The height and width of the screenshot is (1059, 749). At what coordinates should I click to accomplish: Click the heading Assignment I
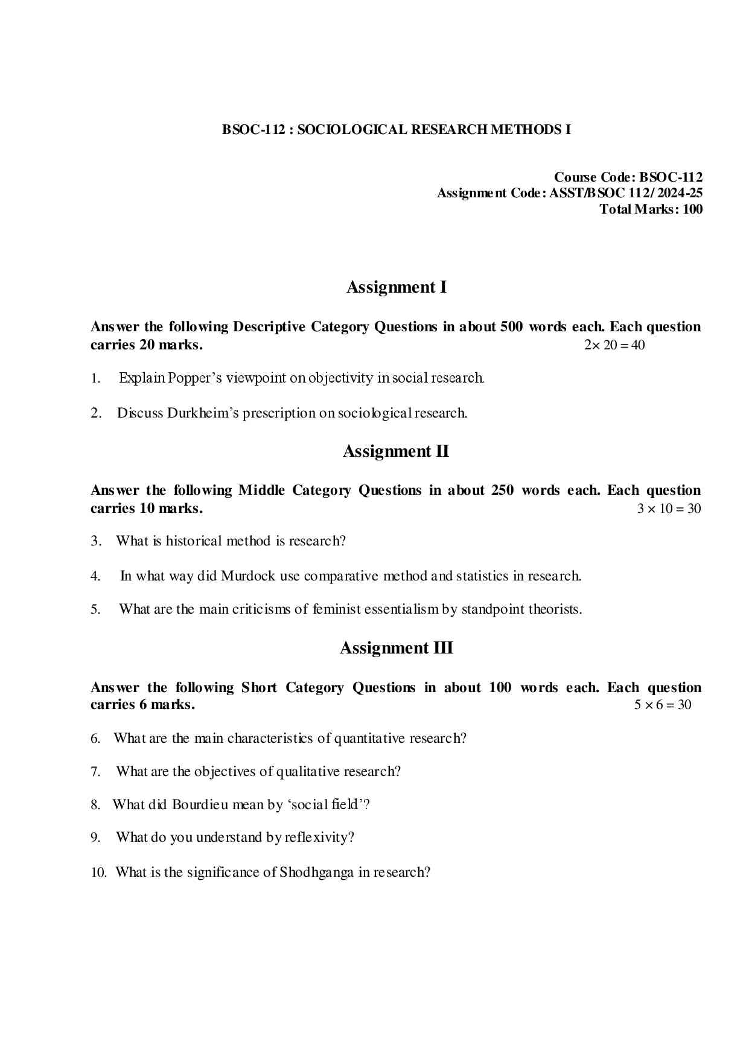point(396,287)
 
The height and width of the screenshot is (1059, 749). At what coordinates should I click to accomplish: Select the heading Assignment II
point(395,451)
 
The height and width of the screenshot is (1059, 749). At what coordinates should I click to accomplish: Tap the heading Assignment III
point(396,648)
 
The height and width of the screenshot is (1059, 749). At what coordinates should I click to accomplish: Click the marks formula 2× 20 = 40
point(614,345)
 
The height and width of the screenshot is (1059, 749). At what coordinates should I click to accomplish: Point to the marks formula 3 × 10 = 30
point(669,509)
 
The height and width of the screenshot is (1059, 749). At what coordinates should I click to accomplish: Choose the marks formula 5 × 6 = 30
point(662,705)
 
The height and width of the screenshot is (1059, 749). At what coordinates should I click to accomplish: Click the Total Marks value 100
point(693,209)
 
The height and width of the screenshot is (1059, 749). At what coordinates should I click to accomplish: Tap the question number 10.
point(98,873)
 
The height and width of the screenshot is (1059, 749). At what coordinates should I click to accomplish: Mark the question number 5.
point(95,609)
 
